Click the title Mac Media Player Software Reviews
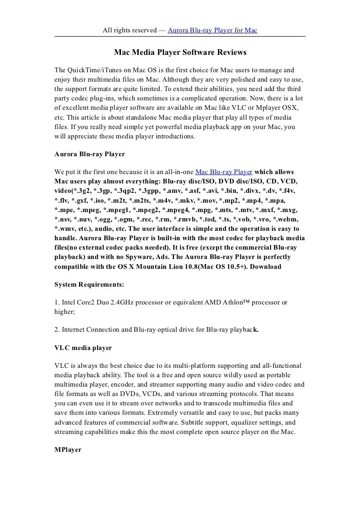pyautogui.click(x=180, y=53)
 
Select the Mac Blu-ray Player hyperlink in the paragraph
pyautogui.click(x=224, y=172)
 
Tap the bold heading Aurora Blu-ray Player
pyautogui.click(x=89, y=153)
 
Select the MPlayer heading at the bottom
pyautogui.click(x=68, y=449)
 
